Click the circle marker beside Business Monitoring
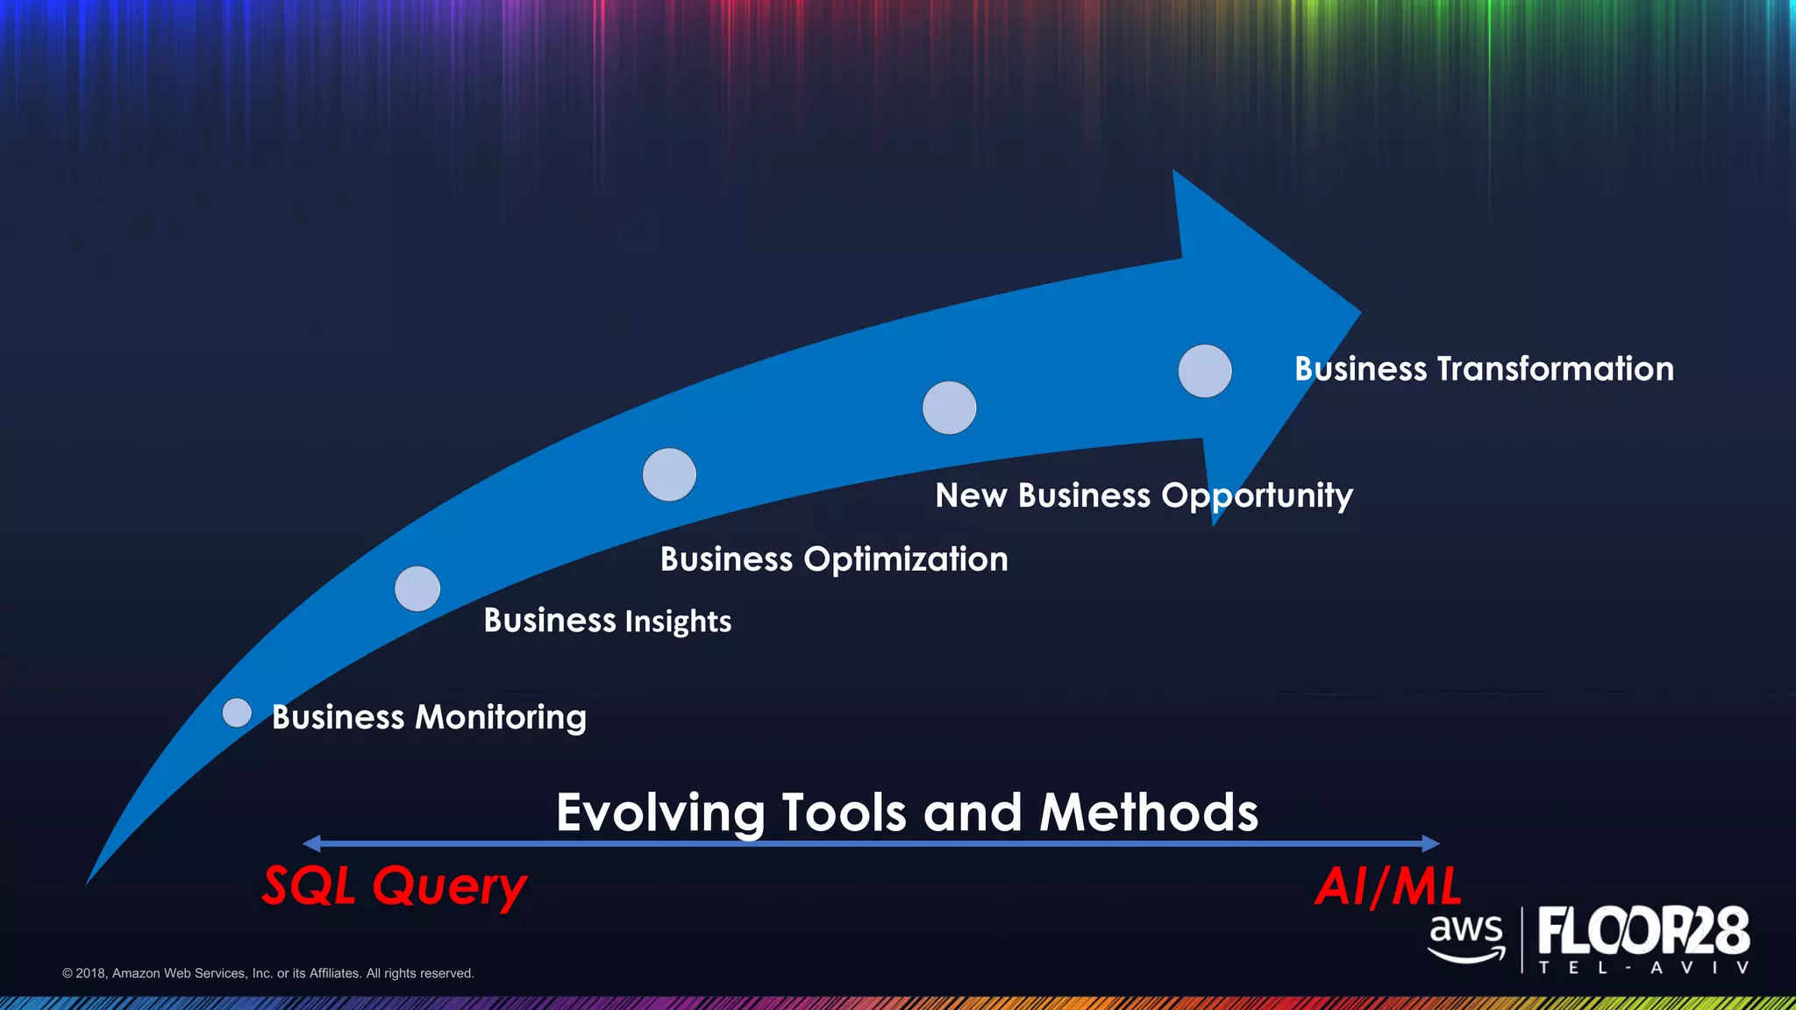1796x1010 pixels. tap(237, 713)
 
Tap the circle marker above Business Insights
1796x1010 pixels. tap(417, 588)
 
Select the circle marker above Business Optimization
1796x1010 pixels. tap(669, 474)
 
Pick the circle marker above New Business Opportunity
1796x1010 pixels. tap(949, 408)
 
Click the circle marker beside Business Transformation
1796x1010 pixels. tap(1205, 371)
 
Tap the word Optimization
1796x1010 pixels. tap(906, 559)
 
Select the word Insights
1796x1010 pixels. tap(678, 621)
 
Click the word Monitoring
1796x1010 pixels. tap(501, 717)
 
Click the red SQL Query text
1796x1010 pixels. tap(395, 886)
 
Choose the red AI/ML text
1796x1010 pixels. tap(1388, 886)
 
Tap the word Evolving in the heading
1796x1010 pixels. tap(660, 813)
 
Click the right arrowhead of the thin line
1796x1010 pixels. tap(1431, 843)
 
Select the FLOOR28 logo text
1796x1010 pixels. tap(1643, 931)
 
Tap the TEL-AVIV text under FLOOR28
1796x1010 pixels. tap(1643, 968)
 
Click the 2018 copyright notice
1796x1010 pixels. tap(268, 973)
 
